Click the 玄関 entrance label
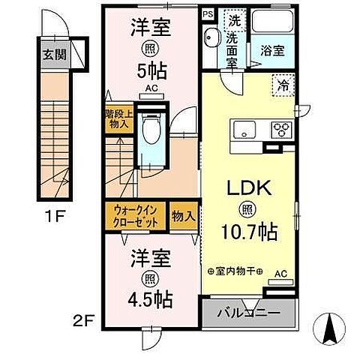52,55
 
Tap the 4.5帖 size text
151,300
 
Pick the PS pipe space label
207,13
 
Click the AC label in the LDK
280,274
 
